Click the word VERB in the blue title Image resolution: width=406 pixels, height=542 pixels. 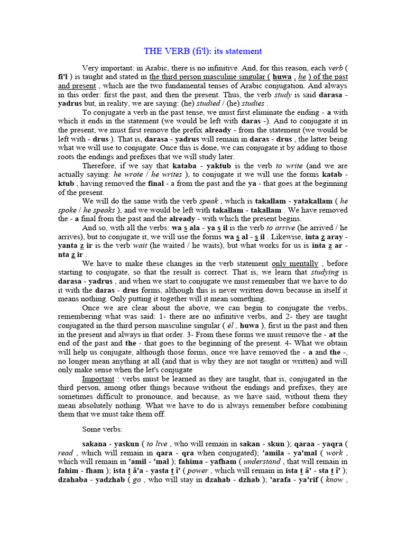(x=174, y=51)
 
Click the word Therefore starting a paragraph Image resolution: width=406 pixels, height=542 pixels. (x=99, y=166)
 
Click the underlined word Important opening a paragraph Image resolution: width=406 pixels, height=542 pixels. (x=99, y=379)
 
